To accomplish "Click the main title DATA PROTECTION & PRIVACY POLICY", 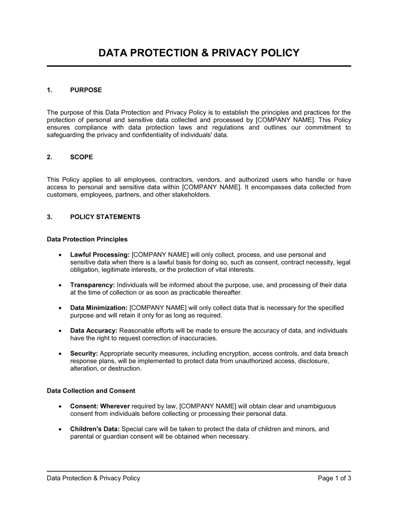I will pos(199,53).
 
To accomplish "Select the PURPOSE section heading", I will pos(86,90).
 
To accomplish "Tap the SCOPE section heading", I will pos(82,157).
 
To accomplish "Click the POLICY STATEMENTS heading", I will pos(105,217).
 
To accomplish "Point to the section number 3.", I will pos(49,217).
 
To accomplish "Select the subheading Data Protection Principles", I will pos(87,239).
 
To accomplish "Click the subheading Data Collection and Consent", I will pos(91,391).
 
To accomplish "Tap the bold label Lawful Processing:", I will pos(100,255).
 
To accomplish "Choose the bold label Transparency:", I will pos(92,285).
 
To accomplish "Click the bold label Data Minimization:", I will pos(99,308).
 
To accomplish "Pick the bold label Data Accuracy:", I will pos(94,331).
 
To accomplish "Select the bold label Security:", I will pos(84,353).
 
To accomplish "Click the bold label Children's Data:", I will pos(95,429).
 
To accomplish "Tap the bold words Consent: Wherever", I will pos(100,406).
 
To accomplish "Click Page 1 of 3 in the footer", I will pos(334,478).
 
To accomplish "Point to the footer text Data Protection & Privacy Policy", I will pos(94,478).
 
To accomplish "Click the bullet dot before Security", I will pos(60,354).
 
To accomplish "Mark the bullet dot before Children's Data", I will pos(60,430).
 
